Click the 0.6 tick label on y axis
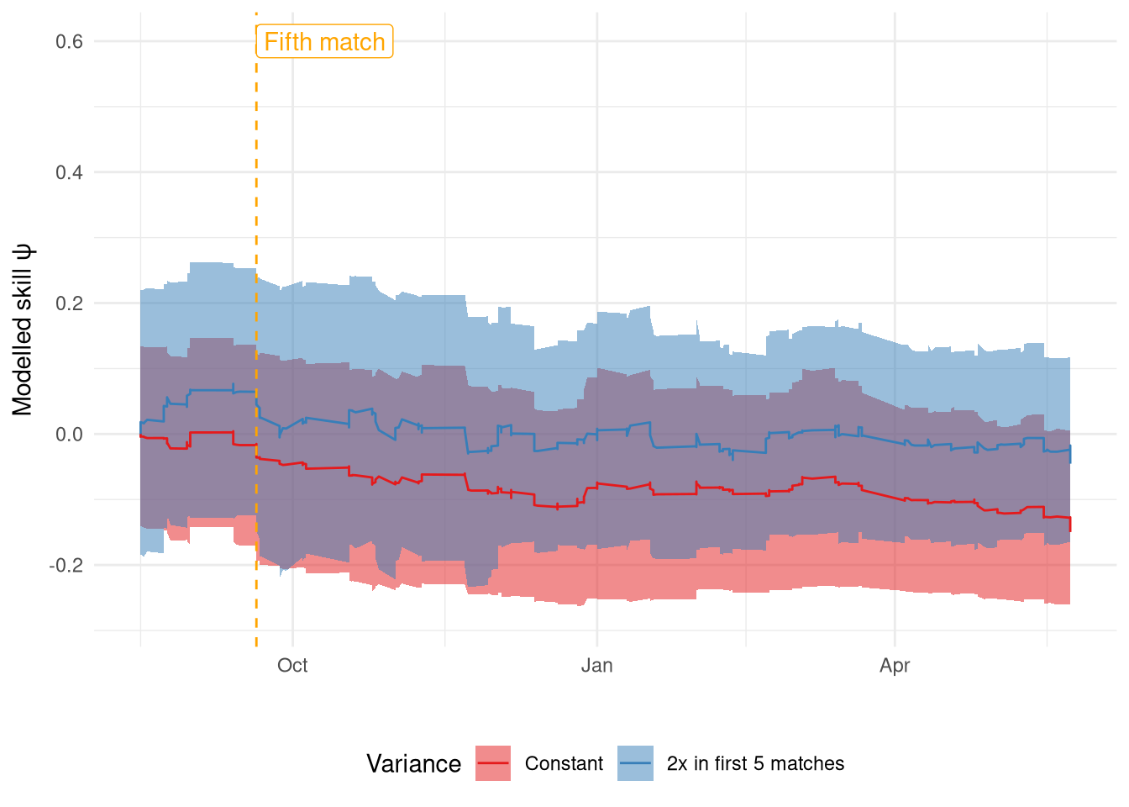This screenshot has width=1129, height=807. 69,41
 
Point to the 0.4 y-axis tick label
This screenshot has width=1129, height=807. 69,172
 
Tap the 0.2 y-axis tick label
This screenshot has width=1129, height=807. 69,303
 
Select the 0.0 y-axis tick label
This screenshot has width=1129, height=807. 69,435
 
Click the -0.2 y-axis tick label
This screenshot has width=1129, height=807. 66,565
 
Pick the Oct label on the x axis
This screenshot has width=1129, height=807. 292,666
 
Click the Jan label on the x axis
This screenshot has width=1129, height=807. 596,666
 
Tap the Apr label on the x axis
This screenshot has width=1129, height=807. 895,666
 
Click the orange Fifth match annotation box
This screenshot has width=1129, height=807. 324,41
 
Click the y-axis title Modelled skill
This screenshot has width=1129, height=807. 23,330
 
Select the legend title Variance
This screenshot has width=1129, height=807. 413,763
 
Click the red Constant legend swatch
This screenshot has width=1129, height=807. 493,763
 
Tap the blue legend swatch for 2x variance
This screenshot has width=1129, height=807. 635,763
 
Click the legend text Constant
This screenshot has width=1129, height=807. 564,763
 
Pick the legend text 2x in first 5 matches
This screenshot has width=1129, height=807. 755,763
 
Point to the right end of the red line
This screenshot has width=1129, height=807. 1070,530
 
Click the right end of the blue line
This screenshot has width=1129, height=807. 1070,461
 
